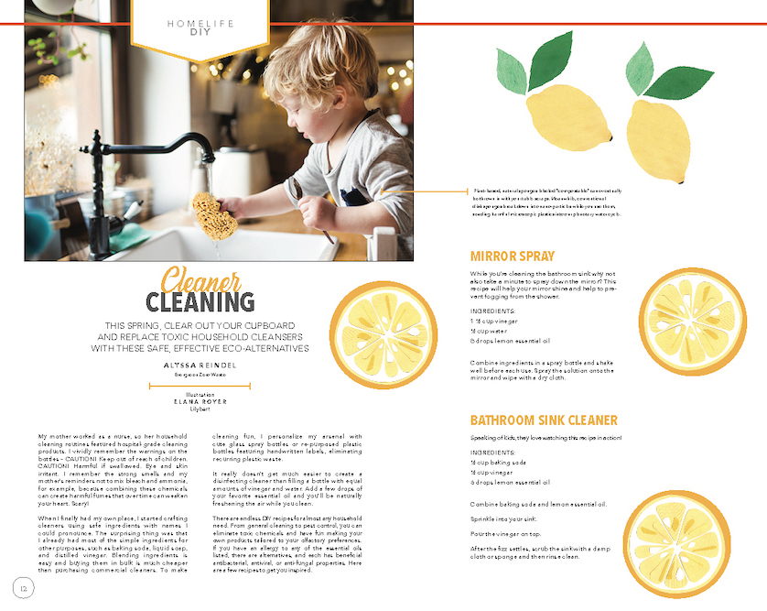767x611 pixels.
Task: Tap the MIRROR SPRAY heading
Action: pos(513,256)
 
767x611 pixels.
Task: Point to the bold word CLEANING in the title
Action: pos(200,301)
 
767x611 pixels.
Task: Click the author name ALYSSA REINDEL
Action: pos(200,365)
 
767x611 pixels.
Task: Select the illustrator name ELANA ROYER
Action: pos(200,401)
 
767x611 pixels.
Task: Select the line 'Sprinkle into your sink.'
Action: pos(504,518)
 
